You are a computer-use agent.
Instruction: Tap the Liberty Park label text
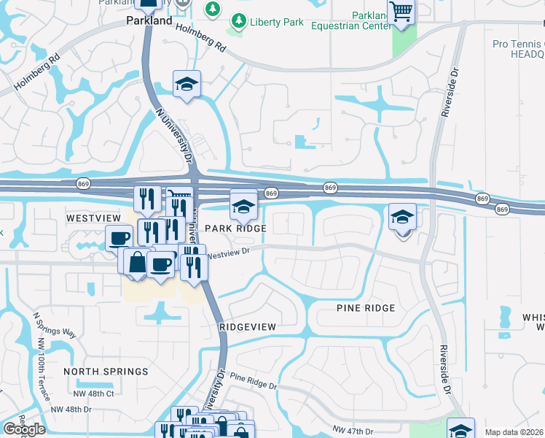coord(277,22)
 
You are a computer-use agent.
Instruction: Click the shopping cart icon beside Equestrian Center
coord(401,12)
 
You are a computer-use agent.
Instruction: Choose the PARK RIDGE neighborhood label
coord(235,228)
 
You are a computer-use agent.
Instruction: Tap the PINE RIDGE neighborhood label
coord(365,308)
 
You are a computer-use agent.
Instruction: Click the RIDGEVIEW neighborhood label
coord(247,328)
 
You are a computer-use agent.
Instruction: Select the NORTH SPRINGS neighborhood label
coord(106,372)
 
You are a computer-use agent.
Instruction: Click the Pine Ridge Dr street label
coord(254,380)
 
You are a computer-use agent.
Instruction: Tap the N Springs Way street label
coord(55,324)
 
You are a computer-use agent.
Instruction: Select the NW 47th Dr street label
coord(353,431)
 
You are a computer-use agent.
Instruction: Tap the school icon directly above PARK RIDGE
coord(243,206)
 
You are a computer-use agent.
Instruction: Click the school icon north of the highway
coord(187,84)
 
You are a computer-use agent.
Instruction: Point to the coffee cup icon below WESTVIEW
coord(119,237)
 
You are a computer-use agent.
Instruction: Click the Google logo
coord(24,429)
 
